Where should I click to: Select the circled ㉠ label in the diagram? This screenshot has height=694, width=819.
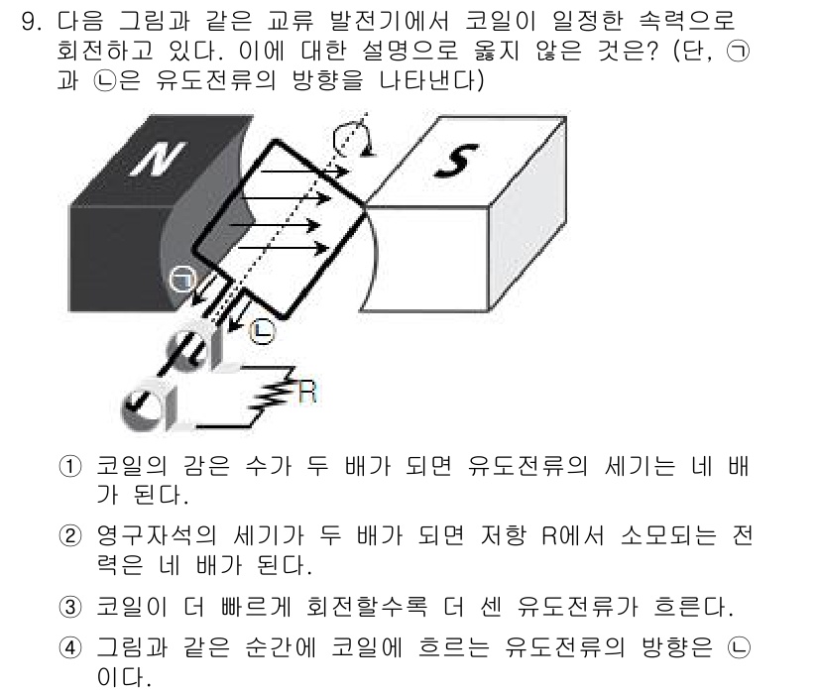click(181, 281)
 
